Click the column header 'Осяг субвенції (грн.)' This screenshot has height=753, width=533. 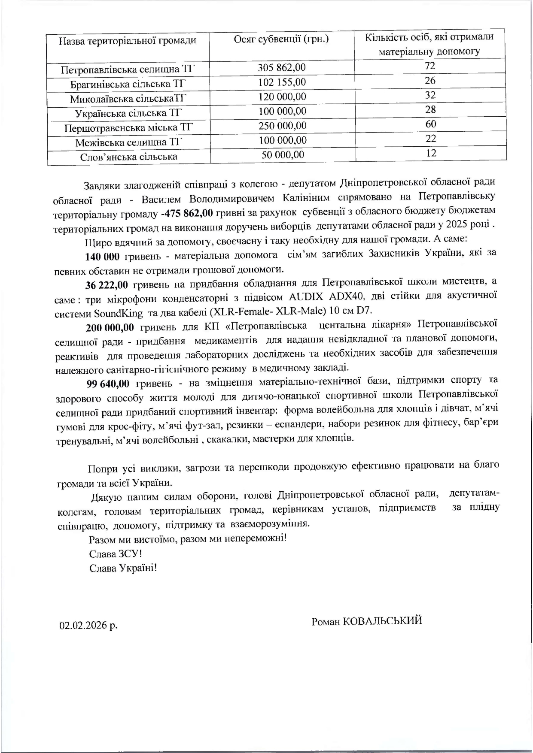[281, 39]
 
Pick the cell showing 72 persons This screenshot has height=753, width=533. [430, 66]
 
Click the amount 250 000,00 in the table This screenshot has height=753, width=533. [282, 126]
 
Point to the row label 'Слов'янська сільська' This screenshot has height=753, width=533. [129, 157]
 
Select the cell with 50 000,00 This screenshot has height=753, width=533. [283, 155]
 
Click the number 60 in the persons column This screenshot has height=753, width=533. [431, 124]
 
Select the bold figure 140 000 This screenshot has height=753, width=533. [102, 257]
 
